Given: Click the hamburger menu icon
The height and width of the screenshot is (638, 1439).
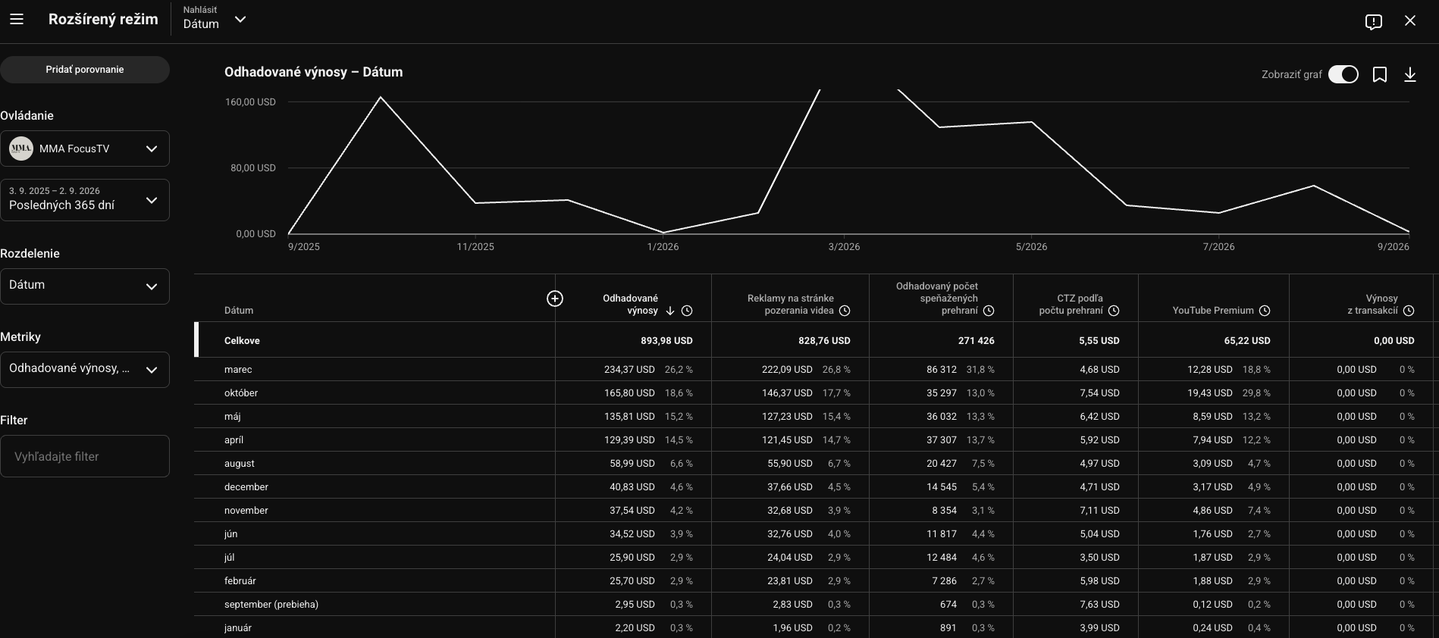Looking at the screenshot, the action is (17, 20).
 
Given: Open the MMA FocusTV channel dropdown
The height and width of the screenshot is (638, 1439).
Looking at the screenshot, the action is (84, 149).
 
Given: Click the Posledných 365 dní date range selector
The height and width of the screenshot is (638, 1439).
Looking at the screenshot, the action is (84, 200).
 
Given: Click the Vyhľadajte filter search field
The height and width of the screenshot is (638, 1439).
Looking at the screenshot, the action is (84, 456).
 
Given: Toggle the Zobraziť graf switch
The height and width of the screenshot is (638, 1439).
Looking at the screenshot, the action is (1343, 74).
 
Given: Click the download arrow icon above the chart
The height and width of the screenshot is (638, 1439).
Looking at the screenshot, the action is (1410, 74).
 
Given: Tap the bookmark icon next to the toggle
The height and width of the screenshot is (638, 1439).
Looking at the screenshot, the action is (1380, 74).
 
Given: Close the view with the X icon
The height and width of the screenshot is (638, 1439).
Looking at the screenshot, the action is (1410, 20).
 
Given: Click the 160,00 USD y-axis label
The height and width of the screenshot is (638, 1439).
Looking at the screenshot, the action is (250, 102).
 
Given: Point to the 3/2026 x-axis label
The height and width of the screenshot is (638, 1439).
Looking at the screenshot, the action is (844, 246).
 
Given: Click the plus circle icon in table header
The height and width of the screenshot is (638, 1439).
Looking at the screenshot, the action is (555, 299).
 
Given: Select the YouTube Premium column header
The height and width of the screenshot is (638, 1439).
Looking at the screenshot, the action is (1213, 311).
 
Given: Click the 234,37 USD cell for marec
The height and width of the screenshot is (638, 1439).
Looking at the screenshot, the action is (629, 370).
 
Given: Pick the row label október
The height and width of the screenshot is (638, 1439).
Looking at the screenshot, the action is (241, 393).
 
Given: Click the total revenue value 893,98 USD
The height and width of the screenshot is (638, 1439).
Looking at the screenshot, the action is (666, 341).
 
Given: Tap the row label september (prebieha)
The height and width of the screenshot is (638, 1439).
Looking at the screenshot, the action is (271, 605).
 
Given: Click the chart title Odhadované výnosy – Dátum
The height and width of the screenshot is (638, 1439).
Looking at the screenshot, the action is (314, 72).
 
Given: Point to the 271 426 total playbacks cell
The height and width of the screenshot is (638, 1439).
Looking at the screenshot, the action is (977, 341).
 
